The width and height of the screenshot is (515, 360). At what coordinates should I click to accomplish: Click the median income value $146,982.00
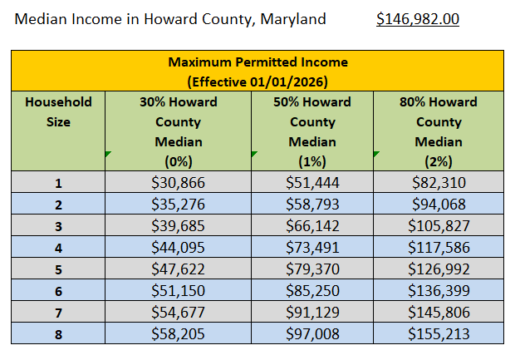[418, 18]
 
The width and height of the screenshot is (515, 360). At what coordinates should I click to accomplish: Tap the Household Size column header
[58, 111]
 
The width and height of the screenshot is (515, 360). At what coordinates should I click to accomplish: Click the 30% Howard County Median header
[179, 131]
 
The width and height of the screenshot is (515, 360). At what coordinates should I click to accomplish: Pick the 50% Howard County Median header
[312, 131]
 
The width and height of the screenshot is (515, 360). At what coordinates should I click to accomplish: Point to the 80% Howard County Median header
[439, 131]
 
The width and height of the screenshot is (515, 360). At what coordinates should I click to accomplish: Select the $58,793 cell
[312, 203]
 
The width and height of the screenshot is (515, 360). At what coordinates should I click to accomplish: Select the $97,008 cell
[312, 333]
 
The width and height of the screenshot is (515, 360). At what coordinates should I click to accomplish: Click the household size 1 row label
[58, 183]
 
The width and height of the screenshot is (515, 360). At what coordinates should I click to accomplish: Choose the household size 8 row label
[58, 333]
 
